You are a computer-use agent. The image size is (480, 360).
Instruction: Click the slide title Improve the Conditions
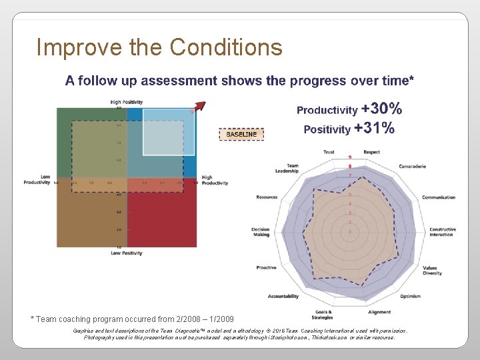click(x=159, y=47)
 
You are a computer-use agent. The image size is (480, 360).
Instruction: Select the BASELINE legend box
click(x=241, y=134)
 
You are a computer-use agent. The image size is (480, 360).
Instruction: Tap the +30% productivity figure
click(x=381, y=109)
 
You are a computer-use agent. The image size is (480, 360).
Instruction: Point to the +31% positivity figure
click(x=374, y=128)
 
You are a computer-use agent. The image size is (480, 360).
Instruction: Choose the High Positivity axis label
click(x=127, y=102)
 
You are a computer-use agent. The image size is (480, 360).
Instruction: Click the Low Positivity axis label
click(x=127, y=253)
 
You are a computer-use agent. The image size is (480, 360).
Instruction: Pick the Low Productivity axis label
click(x=37, y=179)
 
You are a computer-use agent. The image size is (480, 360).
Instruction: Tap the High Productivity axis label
click(x=215, y=180)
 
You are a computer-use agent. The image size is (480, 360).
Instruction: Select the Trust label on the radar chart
click(x=329, y=152)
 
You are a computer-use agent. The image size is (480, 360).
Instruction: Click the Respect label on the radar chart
click(x=372, y=152)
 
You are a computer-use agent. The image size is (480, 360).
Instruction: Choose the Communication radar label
click(x=438, y=197)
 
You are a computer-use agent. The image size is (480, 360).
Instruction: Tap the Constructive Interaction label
click(x=442, y=232)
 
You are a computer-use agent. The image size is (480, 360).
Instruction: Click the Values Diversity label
click(x=433, y=270)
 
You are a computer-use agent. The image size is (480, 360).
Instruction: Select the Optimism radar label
click(x=410, y=296)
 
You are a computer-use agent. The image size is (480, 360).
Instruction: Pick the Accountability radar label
click(x=283, y=296)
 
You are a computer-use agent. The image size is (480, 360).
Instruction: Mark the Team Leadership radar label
click(x=287, y=168)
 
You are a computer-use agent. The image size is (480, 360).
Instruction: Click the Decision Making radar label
click(x=261, y=232)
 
